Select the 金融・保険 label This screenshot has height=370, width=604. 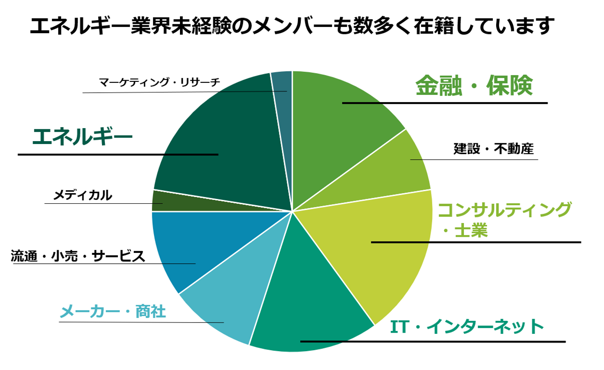[474, 86]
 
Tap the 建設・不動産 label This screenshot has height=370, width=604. [493, 149]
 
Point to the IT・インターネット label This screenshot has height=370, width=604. [467, 327]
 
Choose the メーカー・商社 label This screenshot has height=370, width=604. [113, 312]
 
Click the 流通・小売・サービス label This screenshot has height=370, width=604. [78, 256]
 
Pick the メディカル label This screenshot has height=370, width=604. [83, 195]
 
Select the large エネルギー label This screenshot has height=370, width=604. [82, 137]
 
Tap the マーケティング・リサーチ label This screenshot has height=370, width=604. [159, 82]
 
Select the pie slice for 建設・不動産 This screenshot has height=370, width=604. [398, 168]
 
